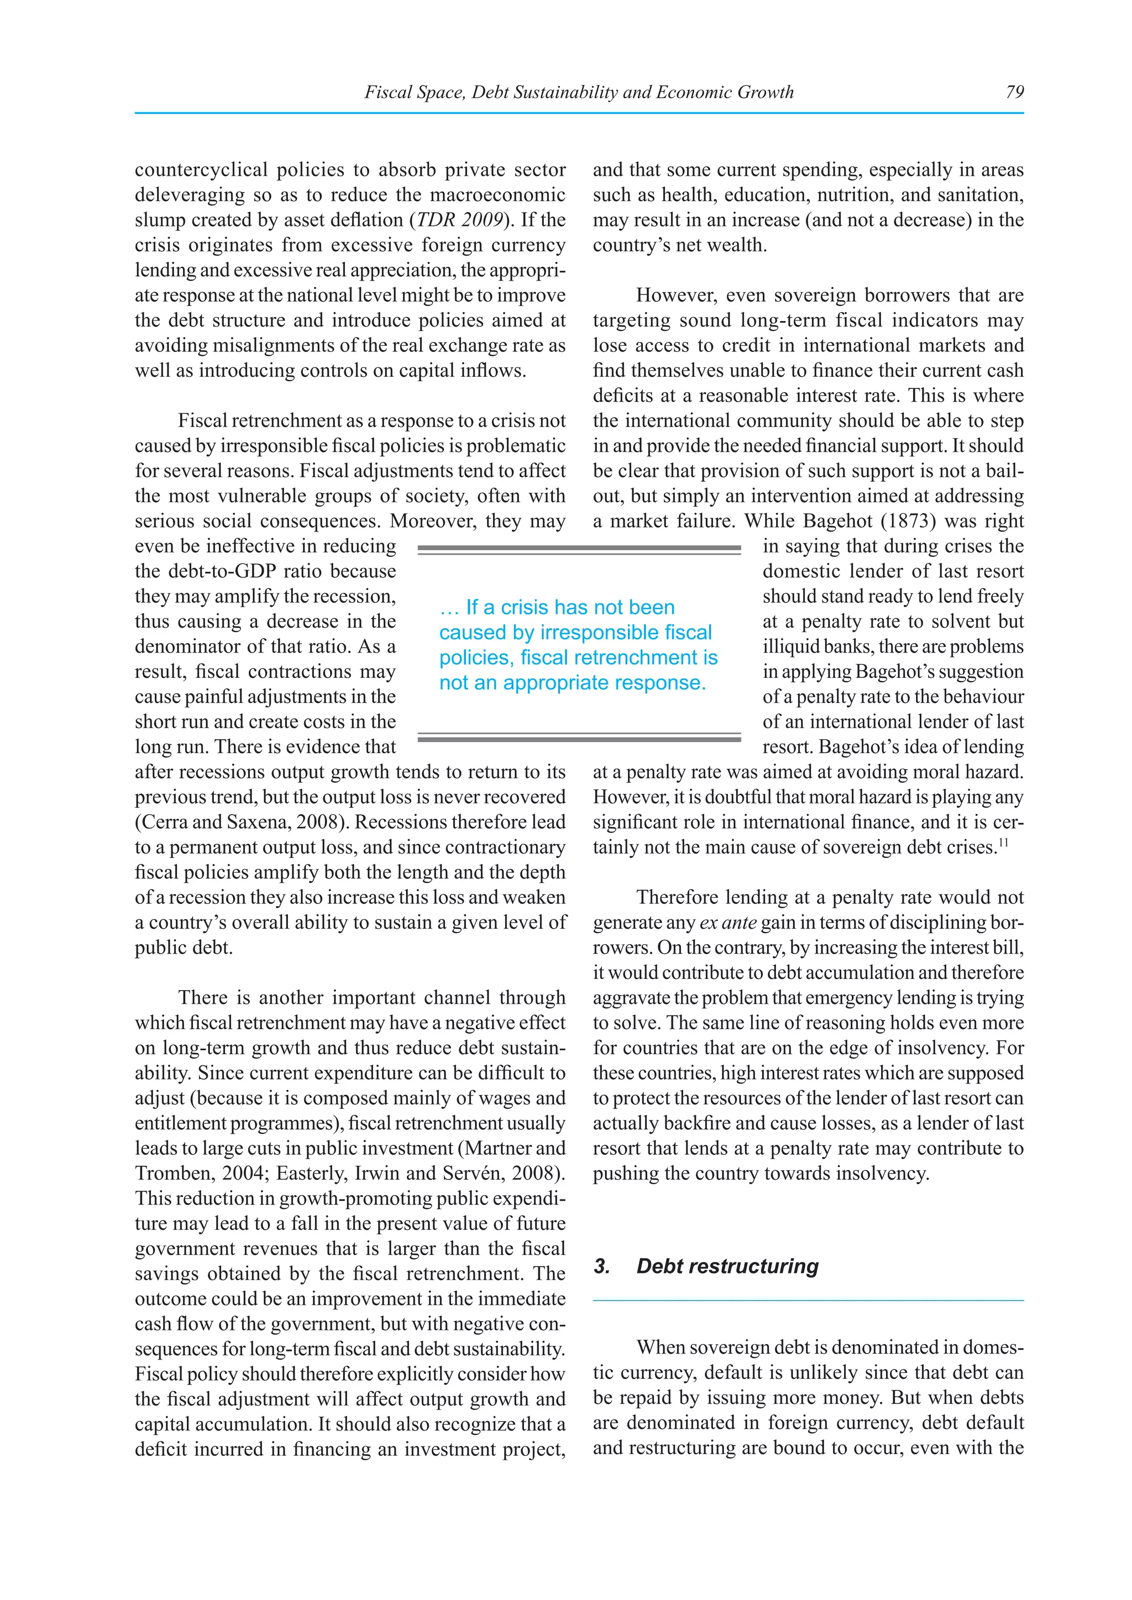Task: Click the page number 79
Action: (1014, 92)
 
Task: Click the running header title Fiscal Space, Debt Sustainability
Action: (579, 92)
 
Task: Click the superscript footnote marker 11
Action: (1003, 844)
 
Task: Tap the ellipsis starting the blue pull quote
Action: (449, 608)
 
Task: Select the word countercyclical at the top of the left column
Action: (201, 170)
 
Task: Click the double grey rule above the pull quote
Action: (579, 550)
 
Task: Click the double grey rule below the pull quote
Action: (579, 736)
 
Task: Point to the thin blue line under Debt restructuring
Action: (808, 1301)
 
